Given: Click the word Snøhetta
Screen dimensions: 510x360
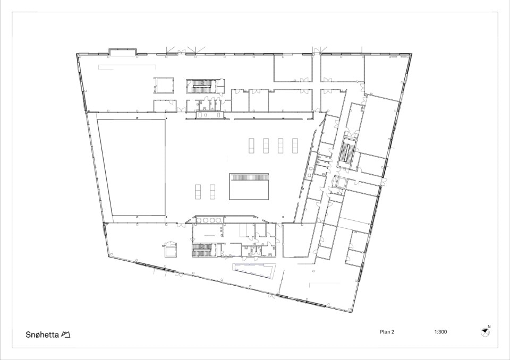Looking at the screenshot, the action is [42, 335].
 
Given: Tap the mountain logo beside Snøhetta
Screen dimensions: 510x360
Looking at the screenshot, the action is [66, 335].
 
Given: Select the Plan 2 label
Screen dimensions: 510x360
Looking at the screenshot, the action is [387, 332].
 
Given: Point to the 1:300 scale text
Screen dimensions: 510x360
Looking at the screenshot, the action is [440, 332].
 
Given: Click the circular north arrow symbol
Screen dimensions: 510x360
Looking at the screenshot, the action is [485, 332].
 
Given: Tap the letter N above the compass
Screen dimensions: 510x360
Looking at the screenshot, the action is [489, 327].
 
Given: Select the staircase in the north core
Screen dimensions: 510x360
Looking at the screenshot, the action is [201, 86].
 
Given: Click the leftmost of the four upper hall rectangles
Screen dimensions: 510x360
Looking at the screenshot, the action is [251, 145].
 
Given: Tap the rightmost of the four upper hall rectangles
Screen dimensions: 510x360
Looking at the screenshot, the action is [295, 145].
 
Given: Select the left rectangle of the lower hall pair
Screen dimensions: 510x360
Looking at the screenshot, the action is [198, 192].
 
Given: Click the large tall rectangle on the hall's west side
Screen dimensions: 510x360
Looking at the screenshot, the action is [131, 167].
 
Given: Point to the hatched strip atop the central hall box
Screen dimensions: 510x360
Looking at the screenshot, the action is [249, 177].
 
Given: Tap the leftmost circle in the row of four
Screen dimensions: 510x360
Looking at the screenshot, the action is [198, 220].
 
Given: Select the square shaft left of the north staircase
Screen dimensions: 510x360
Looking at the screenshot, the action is [164, 85].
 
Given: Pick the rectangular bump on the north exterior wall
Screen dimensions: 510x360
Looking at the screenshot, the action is [122, 52].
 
